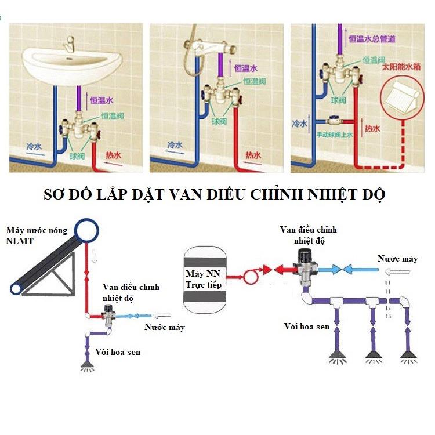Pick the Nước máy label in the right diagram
coord(397,259)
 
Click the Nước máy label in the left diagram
coord(165,327)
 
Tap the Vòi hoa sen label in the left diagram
coord(119,351)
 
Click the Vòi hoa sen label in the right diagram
coord(307,327)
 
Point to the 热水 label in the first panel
coord(113,155)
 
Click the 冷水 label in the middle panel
coord(175,144)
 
